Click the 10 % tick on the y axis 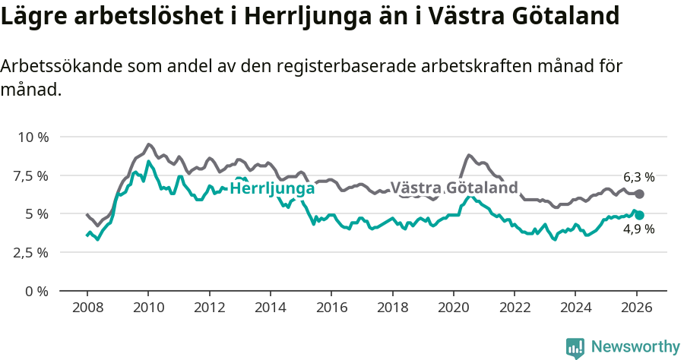(33, 137)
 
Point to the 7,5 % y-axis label (31, 176)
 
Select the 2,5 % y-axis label (31, 253)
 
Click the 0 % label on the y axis (36, 291)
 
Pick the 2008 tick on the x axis (87, 308)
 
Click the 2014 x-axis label (270, 308)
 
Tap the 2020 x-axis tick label (453, 308)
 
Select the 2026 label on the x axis (636, 308)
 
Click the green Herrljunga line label (271, 188)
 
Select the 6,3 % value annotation (639, 180)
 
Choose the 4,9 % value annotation (639, 229)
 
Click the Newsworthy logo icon (575, 347)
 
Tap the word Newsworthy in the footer (635, 347)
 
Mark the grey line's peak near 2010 (148, 144)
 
